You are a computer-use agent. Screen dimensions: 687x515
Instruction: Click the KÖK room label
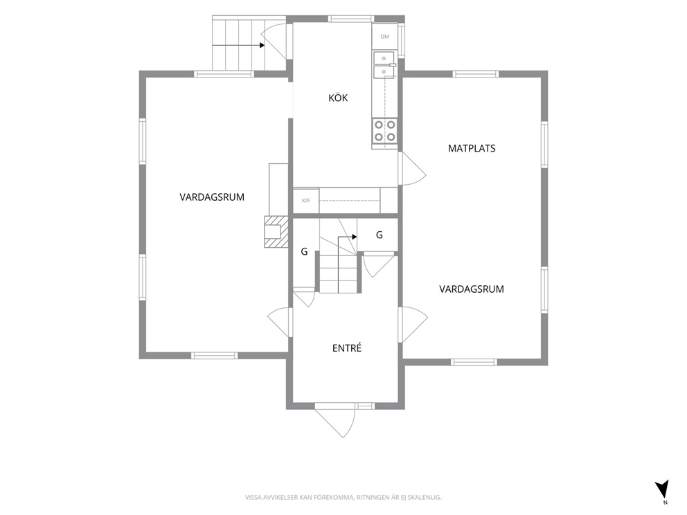pyautogui.click(x=338, y=97)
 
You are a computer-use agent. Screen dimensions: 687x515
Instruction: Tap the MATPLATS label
pyautogui.click(x=472, y=148)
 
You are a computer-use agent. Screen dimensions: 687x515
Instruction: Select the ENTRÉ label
pyautogui.click(x=347, y=347)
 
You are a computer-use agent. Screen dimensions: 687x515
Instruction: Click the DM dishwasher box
pyautogui.click(x=384, y=37)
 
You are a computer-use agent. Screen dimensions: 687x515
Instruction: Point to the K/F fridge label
pyautogui.click(x=306, y=201)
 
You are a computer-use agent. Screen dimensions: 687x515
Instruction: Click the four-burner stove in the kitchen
pyautogui.click(x=384, y=131)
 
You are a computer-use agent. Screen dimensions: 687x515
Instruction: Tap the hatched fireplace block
pyautogui.click(x=276, y=232)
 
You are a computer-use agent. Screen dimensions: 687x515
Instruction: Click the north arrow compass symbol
pyautogui.click(x=662, y=489)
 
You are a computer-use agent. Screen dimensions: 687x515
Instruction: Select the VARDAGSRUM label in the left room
pyautogui.click(x=212, y=197)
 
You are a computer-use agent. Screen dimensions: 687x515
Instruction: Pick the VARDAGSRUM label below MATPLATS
pyautogui.click(x=472, y=289)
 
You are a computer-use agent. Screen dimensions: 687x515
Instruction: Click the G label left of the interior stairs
pyautogui.click(x=304, y=251)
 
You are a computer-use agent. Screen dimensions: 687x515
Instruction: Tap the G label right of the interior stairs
pyautogui.click(x=380, y=235)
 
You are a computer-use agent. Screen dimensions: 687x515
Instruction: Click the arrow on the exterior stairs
pyautogui.click(x=238, y=45)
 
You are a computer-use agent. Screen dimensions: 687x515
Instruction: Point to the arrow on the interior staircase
pyautogui.click(x=347, y=237)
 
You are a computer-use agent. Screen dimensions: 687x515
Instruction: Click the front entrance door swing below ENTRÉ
pyautogui.click(x=335, y=419)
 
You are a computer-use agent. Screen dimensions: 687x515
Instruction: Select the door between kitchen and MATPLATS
pyautogui.click(x=411, y=169)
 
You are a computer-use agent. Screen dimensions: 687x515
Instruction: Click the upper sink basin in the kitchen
pyautogui.click(x=384, y=58)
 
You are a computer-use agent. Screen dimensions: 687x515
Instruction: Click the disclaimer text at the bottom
pyautogui.click(x=343, y=497)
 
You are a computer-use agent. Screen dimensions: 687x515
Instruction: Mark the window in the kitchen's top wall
pyautogui.click(x=351, y=19)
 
